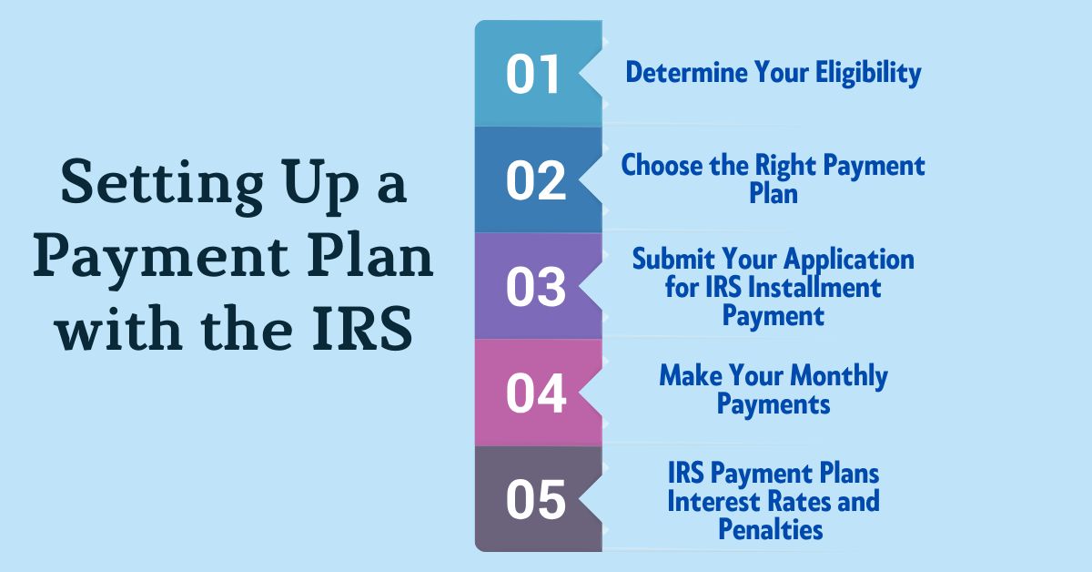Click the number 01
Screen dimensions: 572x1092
(x=533, y=75)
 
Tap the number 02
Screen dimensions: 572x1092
(x=536, y=180)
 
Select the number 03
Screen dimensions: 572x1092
(x=536, y=287)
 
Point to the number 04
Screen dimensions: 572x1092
(x=536, y=393)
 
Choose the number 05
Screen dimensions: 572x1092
(x=536, y=500)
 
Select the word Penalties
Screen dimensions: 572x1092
(x=771, y=528)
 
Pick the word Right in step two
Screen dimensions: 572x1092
(x=789, y=166)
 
